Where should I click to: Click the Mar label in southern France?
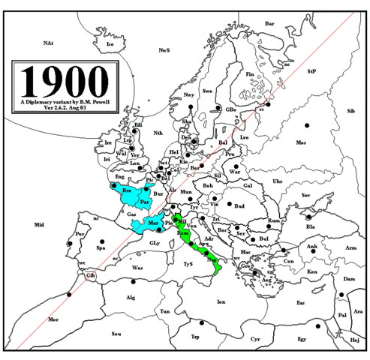153,223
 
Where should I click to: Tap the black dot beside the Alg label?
134,282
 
